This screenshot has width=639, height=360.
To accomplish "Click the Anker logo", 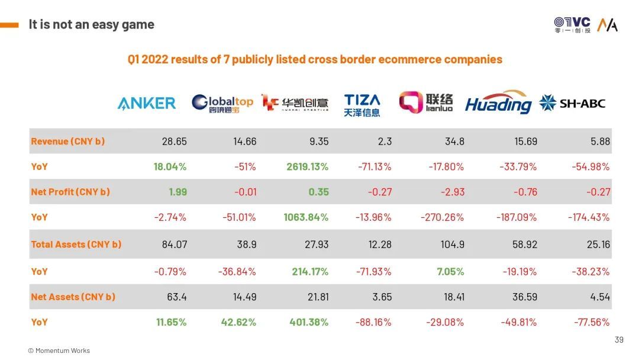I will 146,103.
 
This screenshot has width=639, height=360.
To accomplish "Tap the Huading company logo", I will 498,102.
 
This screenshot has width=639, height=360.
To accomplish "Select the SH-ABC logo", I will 572,103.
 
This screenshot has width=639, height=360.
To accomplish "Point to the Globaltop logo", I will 222,103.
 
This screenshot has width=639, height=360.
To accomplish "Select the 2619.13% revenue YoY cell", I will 307,166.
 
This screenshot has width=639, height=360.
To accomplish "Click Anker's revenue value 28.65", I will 174,142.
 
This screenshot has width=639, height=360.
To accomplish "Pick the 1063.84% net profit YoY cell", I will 307,217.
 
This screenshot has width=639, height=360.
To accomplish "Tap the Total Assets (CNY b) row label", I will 76,244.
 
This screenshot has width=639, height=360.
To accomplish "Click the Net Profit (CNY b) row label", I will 70,192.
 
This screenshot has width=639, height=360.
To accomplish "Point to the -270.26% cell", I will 442,217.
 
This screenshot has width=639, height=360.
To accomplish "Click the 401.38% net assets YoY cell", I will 309,322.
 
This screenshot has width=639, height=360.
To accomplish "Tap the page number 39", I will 619,339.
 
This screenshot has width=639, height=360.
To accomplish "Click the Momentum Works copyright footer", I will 59,351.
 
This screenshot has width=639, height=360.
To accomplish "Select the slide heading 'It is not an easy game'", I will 91,24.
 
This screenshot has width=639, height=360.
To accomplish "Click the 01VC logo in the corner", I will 572,24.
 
